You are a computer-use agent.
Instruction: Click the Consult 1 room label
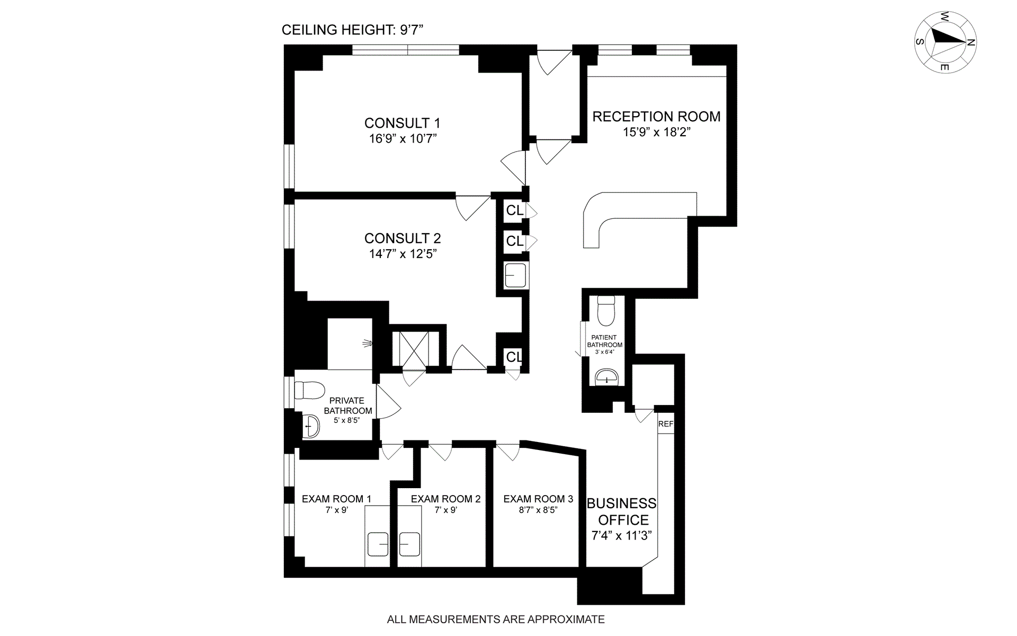(402, 123)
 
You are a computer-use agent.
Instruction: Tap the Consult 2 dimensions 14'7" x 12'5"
(403, 254)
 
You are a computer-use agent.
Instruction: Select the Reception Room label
(656, 117)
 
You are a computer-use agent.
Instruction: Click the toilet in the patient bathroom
(605, 311)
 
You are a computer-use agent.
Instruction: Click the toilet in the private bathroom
(311, 391)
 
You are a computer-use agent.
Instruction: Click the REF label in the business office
(666, 424)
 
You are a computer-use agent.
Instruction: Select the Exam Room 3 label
(538, 499)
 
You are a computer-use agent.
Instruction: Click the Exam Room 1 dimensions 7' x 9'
(336, 510)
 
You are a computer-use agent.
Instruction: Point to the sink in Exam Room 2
(409, 544)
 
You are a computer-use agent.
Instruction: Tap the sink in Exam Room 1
(378, 544)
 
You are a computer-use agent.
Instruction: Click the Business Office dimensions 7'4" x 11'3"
(621, 535)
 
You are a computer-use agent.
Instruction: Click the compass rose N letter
(971, 43)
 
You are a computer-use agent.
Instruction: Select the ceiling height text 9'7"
(412, 30)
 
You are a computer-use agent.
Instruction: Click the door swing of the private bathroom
(388, 403)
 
